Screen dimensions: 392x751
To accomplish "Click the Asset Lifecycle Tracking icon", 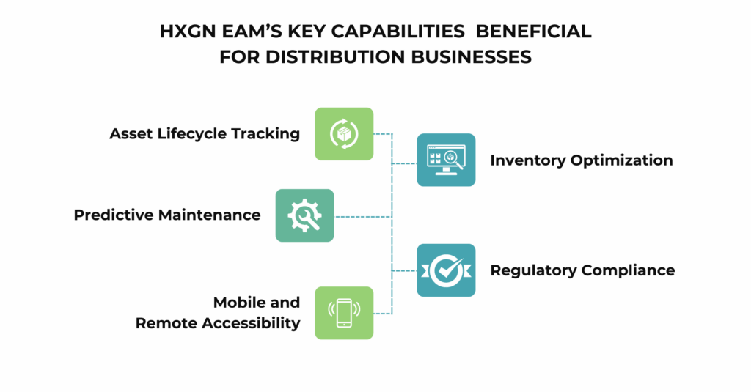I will coord(344,134).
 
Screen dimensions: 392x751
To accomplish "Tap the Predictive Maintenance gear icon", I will coord(304,215).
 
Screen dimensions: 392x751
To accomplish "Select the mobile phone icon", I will coord(344,313).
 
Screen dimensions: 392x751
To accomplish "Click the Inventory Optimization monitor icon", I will coord(446,160).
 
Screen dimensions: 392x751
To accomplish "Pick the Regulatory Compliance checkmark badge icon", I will coord(446,270).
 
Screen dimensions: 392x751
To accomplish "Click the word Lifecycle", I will coord(192,134).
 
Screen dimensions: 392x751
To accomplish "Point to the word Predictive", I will coord(111,215).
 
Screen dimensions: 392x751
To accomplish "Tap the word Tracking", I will coord(265,134).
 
